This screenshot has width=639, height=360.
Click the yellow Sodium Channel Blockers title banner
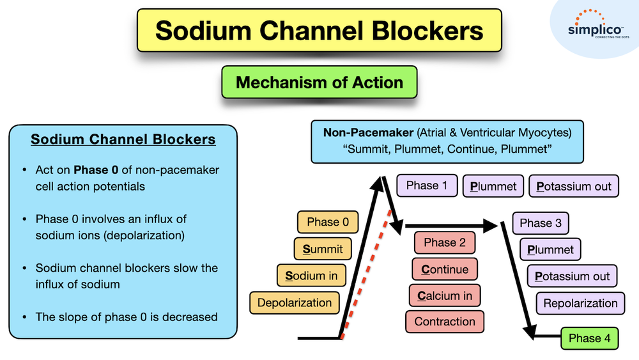(x=319, y=31)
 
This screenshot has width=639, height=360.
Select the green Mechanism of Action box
(x=319, y=82)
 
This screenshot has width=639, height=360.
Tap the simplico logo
(x=596, y=26)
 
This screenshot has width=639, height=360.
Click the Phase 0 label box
(x=328, y=222)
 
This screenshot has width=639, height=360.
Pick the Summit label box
(x=322, y=249)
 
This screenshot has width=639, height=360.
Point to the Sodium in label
(x=311, y=276)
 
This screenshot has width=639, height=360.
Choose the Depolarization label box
(x=294, y=302)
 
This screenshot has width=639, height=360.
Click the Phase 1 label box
(x=427, y=185)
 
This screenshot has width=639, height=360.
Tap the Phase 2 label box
(x=444, y=242)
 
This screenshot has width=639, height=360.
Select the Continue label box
(x=445, y=269)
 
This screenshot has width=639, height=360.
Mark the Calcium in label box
(x=445, y=295)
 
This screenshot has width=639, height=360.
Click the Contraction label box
(x=445, y=322)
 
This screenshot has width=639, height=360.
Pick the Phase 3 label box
(x=541, y=223)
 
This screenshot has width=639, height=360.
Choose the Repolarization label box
(x=580, y=303)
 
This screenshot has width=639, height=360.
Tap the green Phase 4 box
(x=589, y=338)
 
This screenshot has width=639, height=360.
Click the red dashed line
(x=366, y=274)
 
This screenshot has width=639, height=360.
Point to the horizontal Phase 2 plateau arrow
(x=451, y=226)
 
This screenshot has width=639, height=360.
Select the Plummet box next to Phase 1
(x=493, y=186)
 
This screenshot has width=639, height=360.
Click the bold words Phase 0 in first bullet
(x=96, y=169)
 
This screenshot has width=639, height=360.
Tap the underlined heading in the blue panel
(x=123, y=139)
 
